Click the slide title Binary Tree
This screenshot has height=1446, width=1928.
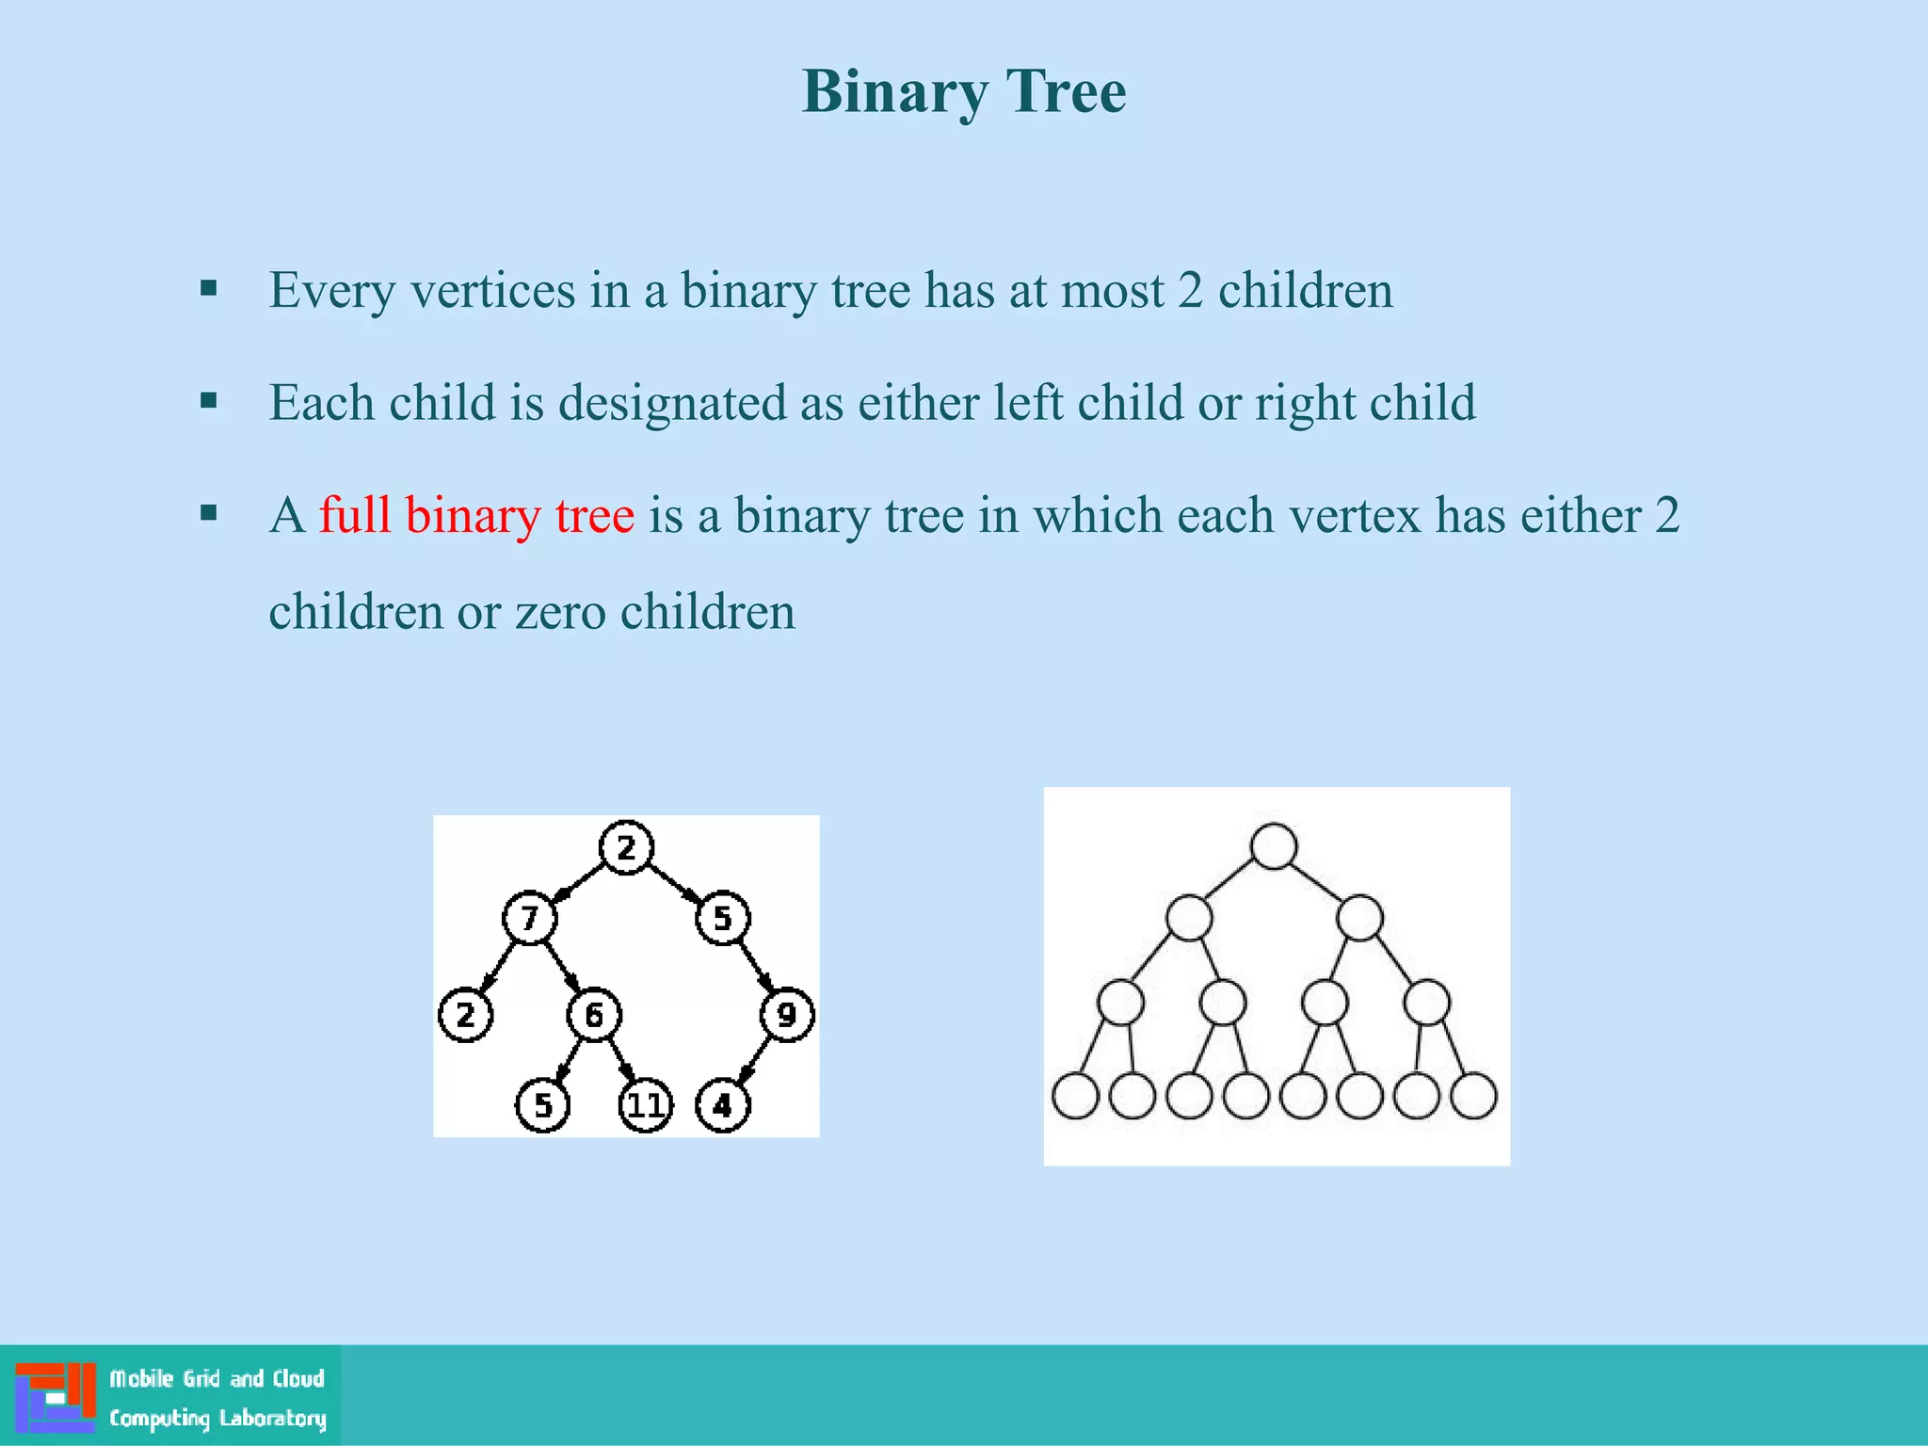point(963,92)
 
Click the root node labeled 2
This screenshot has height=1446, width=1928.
point(626,847)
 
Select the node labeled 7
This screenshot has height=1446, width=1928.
point(529,917)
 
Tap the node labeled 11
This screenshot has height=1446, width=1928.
point(646,1105)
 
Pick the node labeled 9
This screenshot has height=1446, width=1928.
point(786,1014)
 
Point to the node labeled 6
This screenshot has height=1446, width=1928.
point(594,1014)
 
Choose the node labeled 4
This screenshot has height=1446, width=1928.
point(722,1105)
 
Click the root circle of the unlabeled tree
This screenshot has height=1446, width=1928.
point(1274,845)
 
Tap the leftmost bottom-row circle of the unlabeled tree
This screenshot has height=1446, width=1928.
point(1075,1096)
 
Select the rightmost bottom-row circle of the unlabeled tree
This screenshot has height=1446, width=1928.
point(1474,1096)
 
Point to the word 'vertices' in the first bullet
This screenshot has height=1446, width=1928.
point(492,290)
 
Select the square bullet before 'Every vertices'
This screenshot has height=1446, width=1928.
point(209,288)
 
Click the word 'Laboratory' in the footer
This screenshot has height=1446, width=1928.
point(273,1418)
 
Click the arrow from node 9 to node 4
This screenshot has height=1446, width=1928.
point(755,1060)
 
